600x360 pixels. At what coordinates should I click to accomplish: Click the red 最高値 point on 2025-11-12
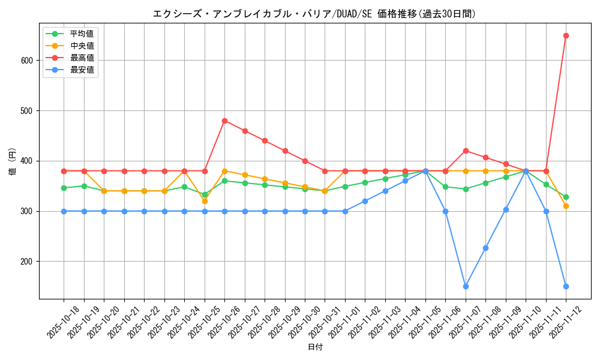pyautogui.click(x=566, y=35)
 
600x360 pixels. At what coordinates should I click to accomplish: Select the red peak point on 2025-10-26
pyautogui.click(x=224, y=121)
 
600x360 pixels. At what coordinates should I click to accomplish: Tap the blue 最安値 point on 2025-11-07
pyautogui.click(x=466, y=286)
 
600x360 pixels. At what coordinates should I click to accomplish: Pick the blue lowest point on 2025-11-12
pyautogui.click(x=566, y=286)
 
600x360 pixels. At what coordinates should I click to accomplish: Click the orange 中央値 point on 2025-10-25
pyautogui.click(x=205, y=201)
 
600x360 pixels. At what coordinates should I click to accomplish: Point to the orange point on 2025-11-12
pyautogui.click(x=566, y=206)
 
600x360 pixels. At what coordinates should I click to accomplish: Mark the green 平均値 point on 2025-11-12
pyautogui.click(x=566, y=197)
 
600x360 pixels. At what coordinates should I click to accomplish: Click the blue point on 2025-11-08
pyautogui.click(x=485, y=248)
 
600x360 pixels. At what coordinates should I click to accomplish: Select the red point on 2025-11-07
pyautogui.click(x=466, y=151)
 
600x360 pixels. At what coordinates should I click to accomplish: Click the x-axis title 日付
pyautogui.click(x=315, y=347)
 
